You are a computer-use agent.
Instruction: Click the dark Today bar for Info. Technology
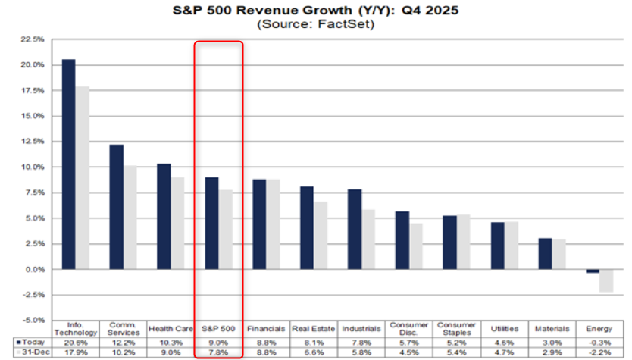(x=68, y=164)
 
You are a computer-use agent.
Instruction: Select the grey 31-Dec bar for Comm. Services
(x=130, y=218)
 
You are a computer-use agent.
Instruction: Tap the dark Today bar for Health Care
(x=164, y=217)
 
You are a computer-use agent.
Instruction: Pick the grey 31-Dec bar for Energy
(x=606, y=280)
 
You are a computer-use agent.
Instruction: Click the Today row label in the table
(x=27, y=343)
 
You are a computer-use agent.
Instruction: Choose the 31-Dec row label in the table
(x=27, y=353)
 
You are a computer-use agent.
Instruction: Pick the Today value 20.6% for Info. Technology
(x=74, y=343)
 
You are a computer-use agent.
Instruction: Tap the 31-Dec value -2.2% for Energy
(x=599, y=353)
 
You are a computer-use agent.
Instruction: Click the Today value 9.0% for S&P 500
(x=217, y=343)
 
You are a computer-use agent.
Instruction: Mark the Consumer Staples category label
(x=455, y=329)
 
